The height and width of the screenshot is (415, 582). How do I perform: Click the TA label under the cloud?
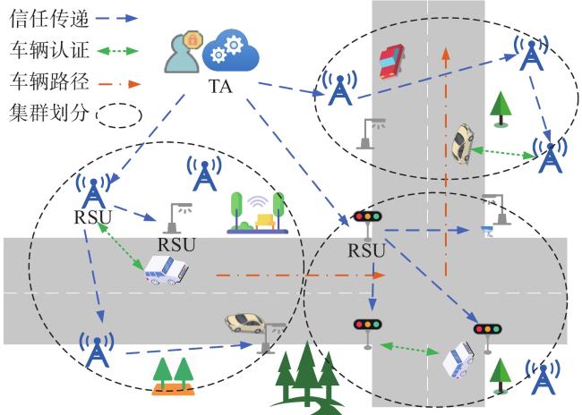[x=220, y=87]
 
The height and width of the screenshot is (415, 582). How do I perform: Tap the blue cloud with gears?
[x=230, y=51]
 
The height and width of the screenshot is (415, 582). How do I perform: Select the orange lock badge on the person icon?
[x=193, y=39]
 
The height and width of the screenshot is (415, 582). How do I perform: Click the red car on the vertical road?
[x=391, y=61]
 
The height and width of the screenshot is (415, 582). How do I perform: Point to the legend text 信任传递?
[x=49, y=18]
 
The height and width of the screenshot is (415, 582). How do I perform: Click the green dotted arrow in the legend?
[x=117, y=50]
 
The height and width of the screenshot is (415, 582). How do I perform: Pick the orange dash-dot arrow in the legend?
[x=119, y=84]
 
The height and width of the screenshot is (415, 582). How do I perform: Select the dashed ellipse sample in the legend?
[x=119, y=115]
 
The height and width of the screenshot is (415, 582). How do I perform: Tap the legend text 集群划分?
[x=49, y=112]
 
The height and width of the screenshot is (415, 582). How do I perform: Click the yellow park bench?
[x=264, y=221]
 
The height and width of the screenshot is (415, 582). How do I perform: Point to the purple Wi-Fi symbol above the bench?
[x=257, y=202]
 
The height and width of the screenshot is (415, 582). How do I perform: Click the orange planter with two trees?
[x=173, y=377]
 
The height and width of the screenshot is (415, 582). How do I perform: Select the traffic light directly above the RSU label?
[x=367, y=224]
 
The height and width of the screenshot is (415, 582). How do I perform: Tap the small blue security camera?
[x=488, y=231]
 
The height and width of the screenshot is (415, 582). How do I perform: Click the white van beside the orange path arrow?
[x=166, y=270]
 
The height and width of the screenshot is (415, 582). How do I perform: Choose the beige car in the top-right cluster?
[x=462, y=144]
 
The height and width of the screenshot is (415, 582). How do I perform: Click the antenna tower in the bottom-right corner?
[x=543, y=378]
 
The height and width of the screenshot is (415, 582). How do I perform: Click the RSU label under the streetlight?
[x=176, y=244]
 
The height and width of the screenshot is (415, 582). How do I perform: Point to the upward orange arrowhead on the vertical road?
[x=446, y=54]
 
